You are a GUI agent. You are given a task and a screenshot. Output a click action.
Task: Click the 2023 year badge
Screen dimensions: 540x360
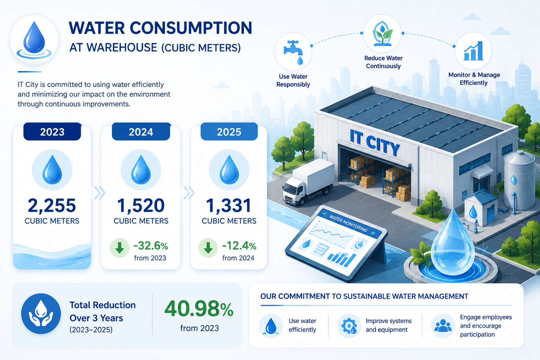pyautogui.click(x=52, y=131)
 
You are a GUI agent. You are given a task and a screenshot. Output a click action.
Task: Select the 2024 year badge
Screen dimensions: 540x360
pyautogui.click(x=141, y=131)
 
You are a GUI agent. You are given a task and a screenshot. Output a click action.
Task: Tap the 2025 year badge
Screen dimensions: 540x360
pyautogui.click(x=229, y=131)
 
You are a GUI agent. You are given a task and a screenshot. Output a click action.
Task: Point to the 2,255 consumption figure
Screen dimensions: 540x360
pyautogui.click(x=52, y=205)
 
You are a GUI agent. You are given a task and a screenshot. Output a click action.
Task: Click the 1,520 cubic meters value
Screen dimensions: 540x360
pyautogui.click(x=141, y=205)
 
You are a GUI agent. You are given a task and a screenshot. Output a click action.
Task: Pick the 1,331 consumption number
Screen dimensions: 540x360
pyautogui.click(x=229, y=205)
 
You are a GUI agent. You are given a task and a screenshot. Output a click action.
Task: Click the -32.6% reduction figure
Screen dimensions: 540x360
pyautogui.click(x=151, y=246)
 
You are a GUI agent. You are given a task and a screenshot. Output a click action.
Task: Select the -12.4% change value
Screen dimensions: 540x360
pyautogui.click(x=239, y=246)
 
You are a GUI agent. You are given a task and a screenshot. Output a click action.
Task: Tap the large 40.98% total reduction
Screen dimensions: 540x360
pyautogui.click(x=199, y=309)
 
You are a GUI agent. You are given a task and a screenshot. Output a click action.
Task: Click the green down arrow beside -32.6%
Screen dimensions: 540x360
pyautogui.click(x=120, y=248)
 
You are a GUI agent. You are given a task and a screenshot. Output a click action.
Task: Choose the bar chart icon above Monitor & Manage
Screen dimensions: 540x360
pyautogui.click(x=473, y=51)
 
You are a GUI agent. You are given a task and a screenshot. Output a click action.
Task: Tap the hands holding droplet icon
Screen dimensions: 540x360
pyautogui.click(x=41, y=314)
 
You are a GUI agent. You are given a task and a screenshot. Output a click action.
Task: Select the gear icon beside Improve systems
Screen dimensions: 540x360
pyautogui.click(x=349, y=326)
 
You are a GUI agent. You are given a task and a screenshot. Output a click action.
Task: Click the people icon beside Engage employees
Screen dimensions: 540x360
pyautogui.click(x=443, y=326)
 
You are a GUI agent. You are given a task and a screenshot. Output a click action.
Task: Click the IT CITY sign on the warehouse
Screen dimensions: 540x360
pyautogui.click(x=374, y=142)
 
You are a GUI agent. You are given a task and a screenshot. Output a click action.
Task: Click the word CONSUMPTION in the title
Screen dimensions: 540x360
pyautogui.click(x=191, y=28)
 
